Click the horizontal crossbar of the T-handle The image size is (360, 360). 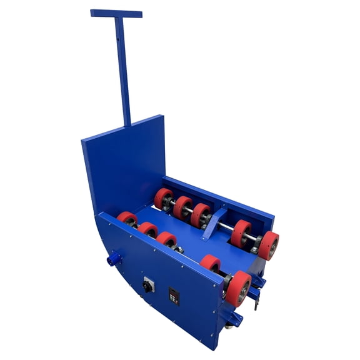point(116,13)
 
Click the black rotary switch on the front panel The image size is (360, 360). point(149,285)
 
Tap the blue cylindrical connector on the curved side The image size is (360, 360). point(115,257)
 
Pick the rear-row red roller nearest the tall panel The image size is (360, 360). point(164,199)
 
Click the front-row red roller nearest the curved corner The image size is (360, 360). point(127,219)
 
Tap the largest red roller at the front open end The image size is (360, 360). point(238,288)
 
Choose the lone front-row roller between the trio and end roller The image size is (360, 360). point(211,264)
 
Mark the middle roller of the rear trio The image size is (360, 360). point(182,207)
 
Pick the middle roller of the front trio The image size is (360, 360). point(148,230)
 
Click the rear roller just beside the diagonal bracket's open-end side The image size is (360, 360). point(240,232)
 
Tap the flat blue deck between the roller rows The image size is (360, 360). point(187,241)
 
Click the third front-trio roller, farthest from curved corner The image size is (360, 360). point(167,241)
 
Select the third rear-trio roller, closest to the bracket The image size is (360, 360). point(201,215)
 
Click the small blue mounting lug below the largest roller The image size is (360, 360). point(234,319)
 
